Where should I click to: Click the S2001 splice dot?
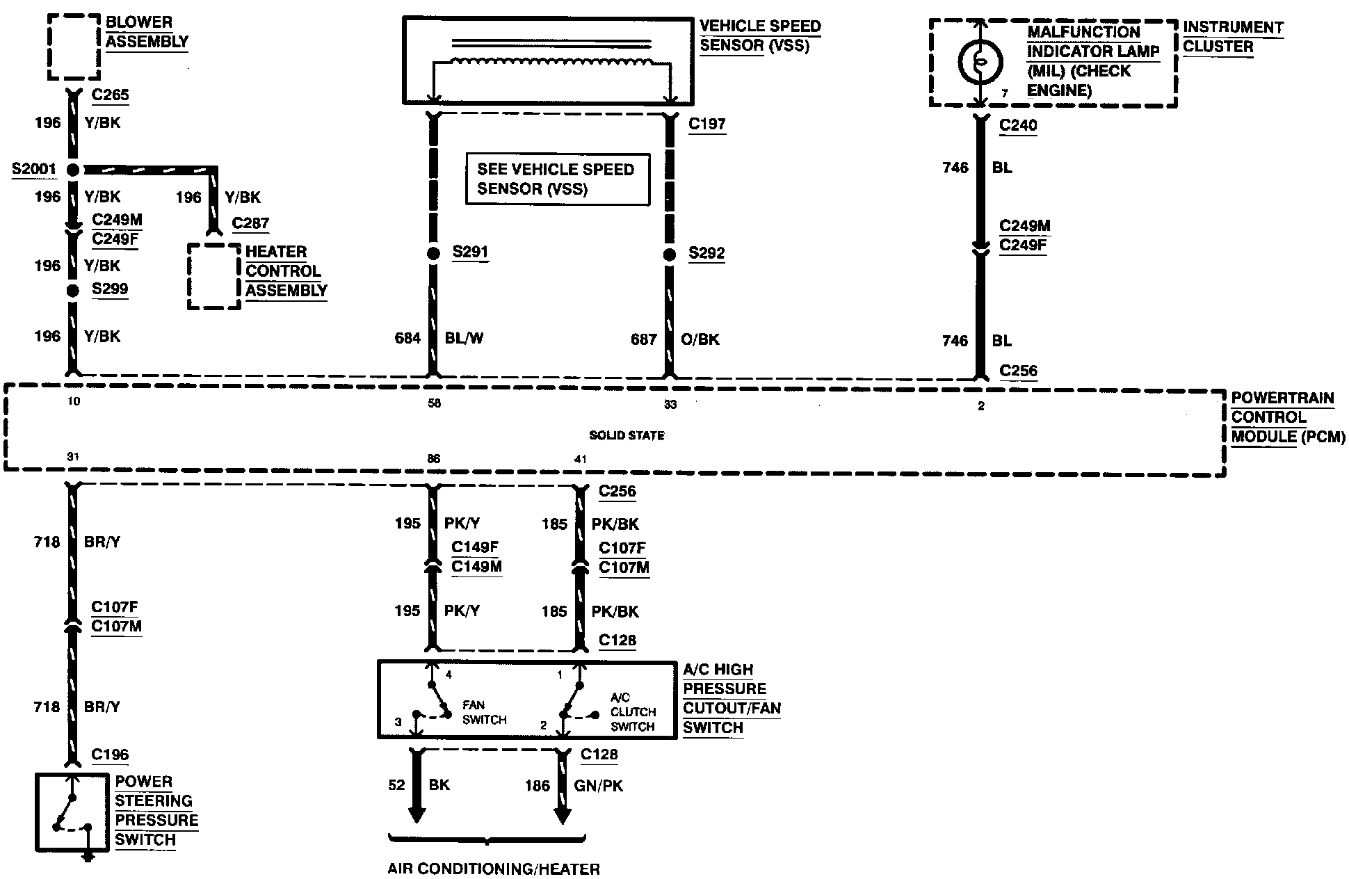coord(72,170)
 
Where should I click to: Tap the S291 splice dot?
coord(433,254)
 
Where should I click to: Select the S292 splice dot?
coord(669,255)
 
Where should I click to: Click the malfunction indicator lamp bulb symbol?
coord(980,62)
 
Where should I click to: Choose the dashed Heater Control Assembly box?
coord(214,276)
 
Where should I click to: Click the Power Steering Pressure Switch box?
coord(72,812)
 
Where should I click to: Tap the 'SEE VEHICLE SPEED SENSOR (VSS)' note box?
coord(557,179)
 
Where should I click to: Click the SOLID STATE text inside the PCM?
coord(627,435)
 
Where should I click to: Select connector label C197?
coord(706,124)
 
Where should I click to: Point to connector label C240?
coord(1017,126)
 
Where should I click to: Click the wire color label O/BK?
coord(700,339)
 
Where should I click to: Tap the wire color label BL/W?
coord(464,339)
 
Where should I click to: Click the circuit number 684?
coord(407,339)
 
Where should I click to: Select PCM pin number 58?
coord(434,403)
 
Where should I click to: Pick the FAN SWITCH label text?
coord(484,713)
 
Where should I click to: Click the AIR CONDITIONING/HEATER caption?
coord(494,869)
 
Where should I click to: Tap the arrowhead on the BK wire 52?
coord(417,814)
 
